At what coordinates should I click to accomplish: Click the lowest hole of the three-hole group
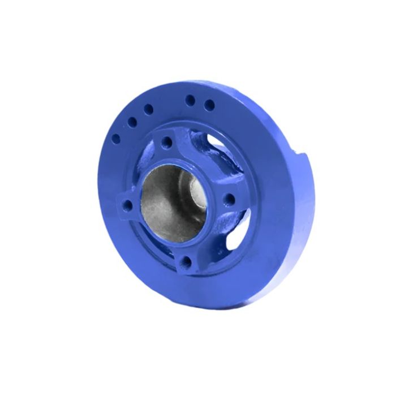(x=117, y=137)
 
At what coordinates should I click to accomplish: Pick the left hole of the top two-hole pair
(x=190, y=100)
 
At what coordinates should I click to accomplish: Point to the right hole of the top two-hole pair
(x=209, y=105)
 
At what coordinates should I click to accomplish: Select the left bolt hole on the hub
(x=129, y=204)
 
